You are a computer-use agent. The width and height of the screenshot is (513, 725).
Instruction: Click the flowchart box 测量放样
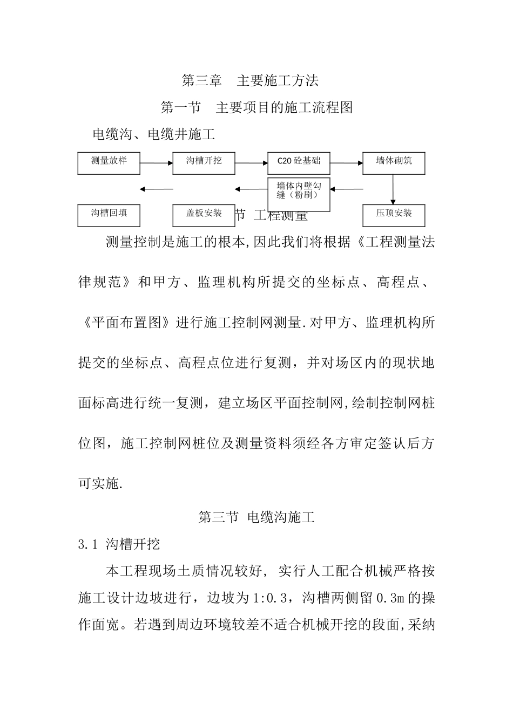(109, 163)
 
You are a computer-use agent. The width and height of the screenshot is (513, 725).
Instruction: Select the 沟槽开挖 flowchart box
(204, 163)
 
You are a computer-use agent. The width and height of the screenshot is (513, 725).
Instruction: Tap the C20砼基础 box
(299, 163)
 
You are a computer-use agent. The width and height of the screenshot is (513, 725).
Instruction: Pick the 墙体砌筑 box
(394, 163)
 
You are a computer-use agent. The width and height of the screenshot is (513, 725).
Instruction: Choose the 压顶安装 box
(394, 215)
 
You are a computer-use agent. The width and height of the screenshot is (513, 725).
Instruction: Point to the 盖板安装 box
(204, 215)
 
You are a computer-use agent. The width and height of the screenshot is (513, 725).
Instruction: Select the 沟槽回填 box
(109, 215)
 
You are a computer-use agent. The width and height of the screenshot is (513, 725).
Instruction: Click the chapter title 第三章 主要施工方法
(250, 81)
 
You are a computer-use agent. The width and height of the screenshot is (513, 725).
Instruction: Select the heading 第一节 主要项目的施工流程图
(256, 107)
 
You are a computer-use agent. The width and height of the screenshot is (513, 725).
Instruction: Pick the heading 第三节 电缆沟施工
(256, 517)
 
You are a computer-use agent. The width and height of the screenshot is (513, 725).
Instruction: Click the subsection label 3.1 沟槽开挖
(119, 544)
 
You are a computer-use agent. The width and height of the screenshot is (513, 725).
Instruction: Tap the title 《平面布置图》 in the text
(126, 323)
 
